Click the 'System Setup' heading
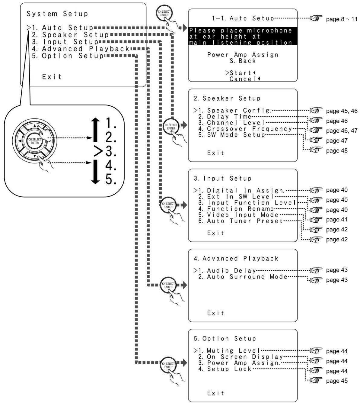coord(57,14)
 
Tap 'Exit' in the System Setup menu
coord(52,76)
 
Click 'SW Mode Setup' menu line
coord(232,135)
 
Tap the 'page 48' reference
coord(337,150)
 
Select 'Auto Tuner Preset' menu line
coord(241,221)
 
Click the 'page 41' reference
coord(337,219)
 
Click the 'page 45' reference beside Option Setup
coord(337,381)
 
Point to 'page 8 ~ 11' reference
coord(342,19)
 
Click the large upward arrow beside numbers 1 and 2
coord(95,130)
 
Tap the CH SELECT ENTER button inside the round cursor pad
coord(35,141)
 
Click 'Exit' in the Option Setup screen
coord(215,393)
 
